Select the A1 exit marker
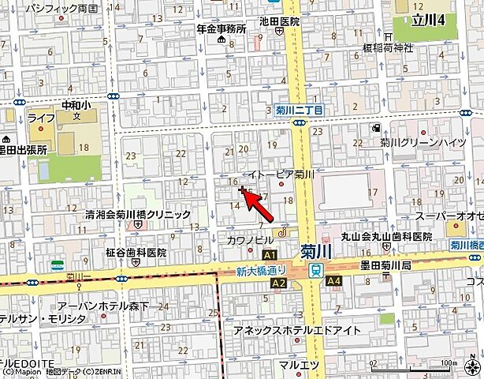(271, 256)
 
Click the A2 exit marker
(278, 282)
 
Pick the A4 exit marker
(334, 280)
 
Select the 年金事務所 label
(222, 28)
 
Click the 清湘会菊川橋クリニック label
(140, 213)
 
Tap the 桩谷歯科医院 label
(136, 253)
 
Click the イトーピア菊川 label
(281, 174)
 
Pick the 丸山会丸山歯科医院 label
(386, 236)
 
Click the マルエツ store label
(299, 363)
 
